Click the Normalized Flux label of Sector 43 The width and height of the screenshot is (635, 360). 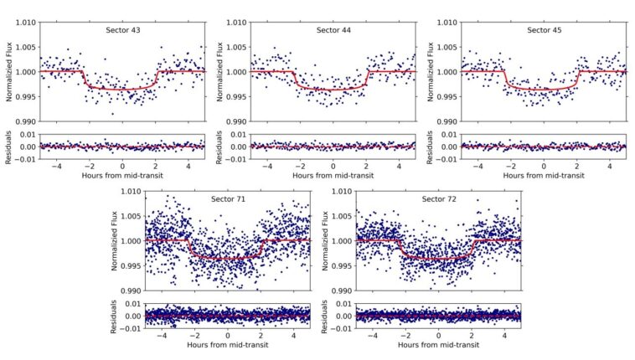pyautogui.click(x=9, y=72)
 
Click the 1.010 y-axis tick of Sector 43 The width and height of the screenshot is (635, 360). pyautogui.click(x=25, y=23)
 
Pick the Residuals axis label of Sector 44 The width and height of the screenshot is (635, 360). pyautogui.click(x=220, y=146)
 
